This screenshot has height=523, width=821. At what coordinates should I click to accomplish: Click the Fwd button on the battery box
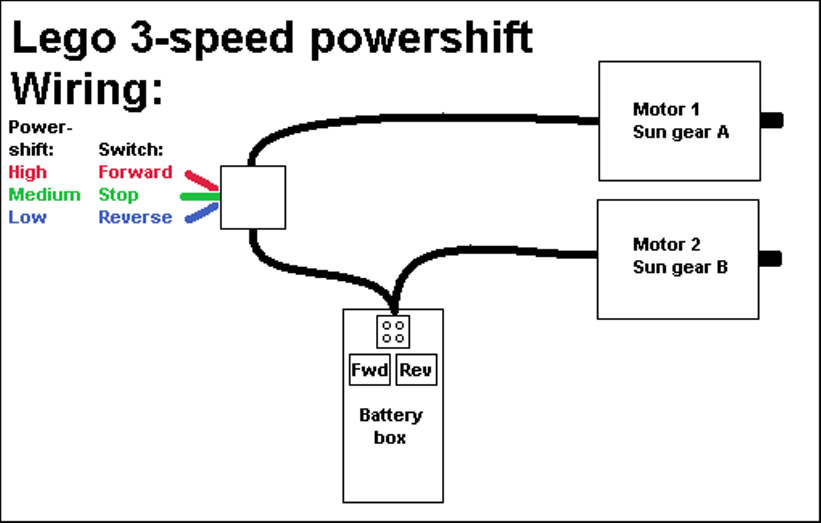(370, 370)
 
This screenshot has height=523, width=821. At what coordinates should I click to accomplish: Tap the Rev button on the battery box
(416, 370)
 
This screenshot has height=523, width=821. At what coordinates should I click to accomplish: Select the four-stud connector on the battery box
(393, 332)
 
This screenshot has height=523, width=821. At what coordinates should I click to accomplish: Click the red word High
(27, 172)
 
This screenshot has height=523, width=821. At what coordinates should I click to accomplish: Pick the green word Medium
(44, 195)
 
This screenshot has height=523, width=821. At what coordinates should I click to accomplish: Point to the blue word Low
(27, 217)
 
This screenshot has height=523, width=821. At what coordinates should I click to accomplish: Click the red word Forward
(135, 172)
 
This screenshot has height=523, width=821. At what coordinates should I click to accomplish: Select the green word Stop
(118, 195)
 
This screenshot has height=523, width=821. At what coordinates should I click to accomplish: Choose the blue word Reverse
(135, 217)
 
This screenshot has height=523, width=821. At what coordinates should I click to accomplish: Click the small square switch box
(253, 197)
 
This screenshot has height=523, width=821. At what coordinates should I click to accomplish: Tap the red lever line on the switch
(201, 180)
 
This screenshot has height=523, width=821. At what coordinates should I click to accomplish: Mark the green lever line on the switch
(200, 196)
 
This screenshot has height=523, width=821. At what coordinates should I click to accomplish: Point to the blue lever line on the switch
(202, 212)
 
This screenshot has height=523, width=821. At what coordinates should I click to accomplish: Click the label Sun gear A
(680, 132)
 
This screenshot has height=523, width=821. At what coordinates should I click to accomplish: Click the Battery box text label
(390, 426)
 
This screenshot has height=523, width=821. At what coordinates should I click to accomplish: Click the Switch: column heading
(130, 150)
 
